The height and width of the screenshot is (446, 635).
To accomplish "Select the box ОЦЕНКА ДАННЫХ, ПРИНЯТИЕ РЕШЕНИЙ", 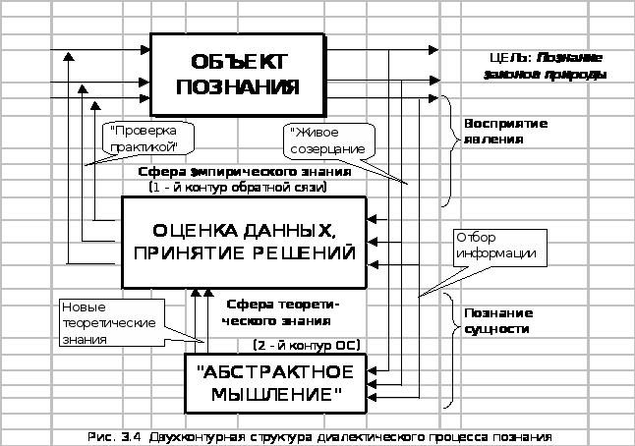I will (x=245, y=242).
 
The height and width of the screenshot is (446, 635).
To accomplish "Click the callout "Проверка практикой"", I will (x=144, y=138).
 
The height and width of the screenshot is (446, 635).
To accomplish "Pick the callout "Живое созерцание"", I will (x=328, y=140).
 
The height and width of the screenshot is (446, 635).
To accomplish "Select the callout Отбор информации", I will (x=495, y=246).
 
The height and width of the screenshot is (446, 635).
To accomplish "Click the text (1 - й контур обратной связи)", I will (x=237, y=186).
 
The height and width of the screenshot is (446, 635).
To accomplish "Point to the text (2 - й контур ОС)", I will (x=306, y=345).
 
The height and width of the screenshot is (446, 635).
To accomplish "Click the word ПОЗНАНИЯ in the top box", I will (x=237, y=85).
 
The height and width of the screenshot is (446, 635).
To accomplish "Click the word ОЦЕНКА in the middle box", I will (x=190, y=230).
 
